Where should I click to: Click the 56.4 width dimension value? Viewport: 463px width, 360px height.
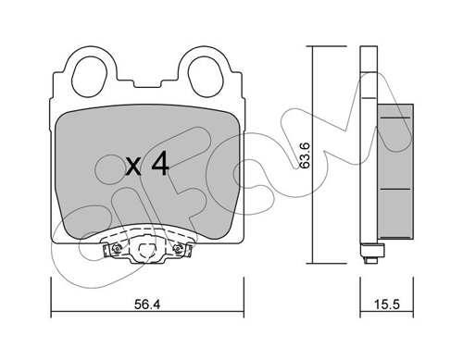[x=147, y=304]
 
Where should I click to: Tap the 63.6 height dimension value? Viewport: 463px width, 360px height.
[x=305, y=155]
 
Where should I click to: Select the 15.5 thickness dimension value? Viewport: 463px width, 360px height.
[x=387, y=304]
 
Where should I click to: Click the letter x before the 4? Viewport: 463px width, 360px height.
[x=133, y=168]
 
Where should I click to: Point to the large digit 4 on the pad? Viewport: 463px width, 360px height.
[x=160, y=164]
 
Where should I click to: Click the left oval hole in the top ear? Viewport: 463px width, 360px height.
[x=90, y=76]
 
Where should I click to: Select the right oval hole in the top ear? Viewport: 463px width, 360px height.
[x=205, y=76]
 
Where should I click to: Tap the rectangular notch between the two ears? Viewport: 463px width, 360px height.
[x=147, y=84]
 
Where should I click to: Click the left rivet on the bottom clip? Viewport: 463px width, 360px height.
[x=116, y=249]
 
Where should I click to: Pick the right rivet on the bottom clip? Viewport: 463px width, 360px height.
[x=178, y=249]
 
